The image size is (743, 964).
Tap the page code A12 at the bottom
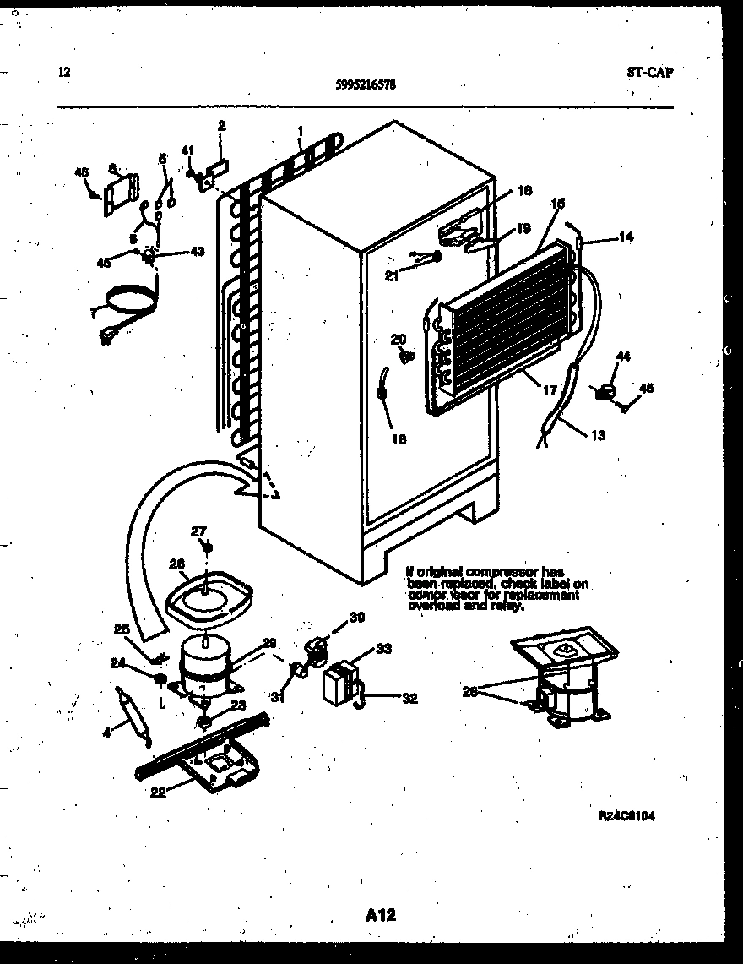[382, 914]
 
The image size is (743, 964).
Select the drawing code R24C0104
[626, 815]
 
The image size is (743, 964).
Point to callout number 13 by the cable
[597, 435]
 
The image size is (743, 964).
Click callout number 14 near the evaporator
[625, 237]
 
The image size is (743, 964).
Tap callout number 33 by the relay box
[383, 649]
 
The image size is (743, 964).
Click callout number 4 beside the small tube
[106, 732]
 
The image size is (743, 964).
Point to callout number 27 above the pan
[198, 531]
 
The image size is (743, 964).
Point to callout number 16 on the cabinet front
[399, 438]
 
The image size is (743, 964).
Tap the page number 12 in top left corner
[64, 72]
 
